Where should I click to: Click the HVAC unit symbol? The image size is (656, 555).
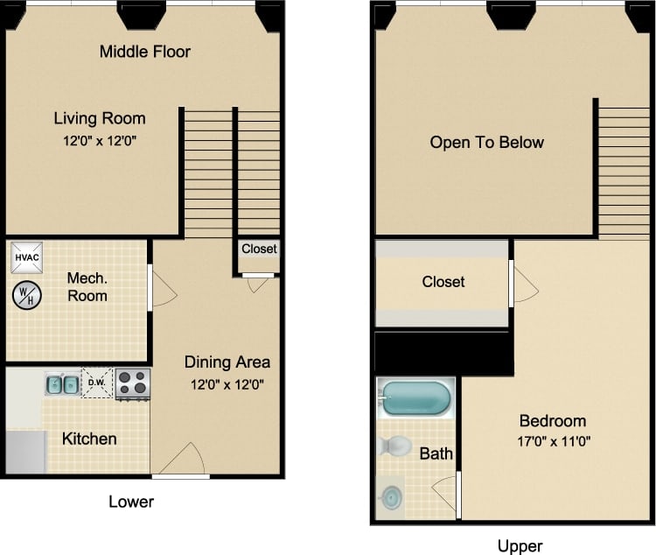click(26, 257)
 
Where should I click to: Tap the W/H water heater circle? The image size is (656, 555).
click(26, 294)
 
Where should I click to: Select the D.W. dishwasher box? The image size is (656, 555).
click(97, 383)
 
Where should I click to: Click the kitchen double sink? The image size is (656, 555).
click(61, 383)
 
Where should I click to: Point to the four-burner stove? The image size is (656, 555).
click(133, 383)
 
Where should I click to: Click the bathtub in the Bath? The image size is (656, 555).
click(415, 399)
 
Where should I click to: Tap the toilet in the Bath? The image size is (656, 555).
click(394, 446)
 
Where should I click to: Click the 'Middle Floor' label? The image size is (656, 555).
click(144, 51)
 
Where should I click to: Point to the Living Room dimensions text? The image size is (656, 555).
click(100, 140)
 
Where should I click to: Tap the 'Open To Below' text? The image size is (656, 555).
click(486, 142)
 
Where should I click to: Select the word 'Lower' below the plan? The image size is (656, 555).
click(131, 502)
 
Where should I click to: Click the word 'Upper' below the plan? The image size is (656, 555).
click(520, 546)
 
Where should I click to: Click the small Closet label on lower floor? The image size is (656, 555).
click(259, 249)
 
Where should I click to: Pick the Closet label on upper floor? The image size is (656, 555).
click(443, 282)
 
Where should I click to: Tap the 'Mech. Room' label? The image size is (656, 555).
click(87, 287)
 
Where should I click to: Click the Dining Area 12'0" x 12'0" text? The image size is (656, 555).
click(227, 383)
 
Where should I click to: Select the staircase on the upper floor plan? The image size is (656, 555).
click(624, 170)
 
